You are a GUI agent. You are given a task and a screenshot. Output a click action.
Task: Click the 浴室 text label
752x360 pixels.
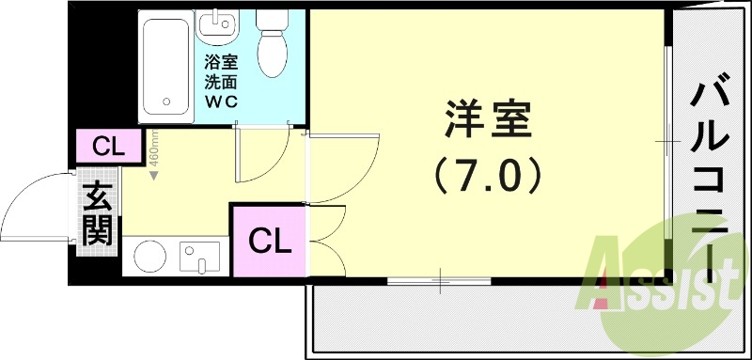pyautogui.click(x=223, y=63)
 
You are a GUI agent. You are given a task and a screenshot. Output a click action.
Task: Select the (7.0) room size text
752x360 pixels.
pyautogui.click(x=488, y=174)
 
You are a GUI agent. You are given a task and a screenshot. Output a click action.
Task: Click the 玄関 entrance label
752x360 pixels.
pyautogui.click(x=97, y=216)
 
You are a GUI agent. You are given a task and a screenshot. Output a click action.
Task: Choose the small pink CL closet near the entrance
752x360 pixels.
pyautogui.click(x=108, y=147)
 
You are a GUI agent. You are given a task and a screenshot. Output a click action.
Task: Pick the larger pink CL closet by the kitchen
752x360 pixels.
pyautogui.click(x=269, y=242)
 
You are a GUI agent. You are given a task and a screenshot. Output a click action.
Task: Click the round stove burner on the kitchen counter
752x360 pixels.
pyautogui.click(x=149, y=256)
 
